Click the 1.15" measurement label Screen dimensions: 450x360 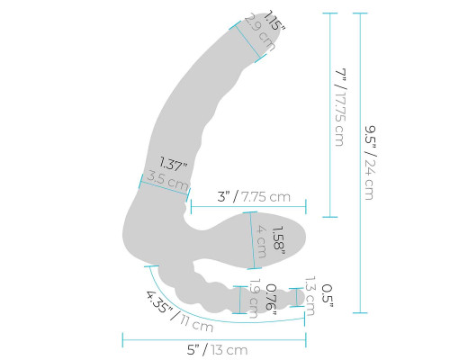[274, 21]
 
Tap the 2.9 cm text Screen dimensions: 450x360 [260, 32]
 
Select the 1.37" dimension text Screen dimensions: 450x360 [173, 164]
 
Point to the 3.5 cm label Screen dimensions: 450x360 [167, 180]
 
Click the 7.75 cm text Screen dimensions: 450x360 [266, 197]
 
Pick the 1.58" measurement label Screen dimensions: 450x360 [278, 241]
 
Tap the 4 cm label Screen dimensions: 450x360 [261, 241]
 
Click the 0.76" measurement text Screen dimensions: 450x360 [271, 297]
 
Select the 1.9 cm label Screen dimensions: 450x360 [254, 299]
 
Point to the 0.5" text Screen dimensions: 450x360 [327, 296]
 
